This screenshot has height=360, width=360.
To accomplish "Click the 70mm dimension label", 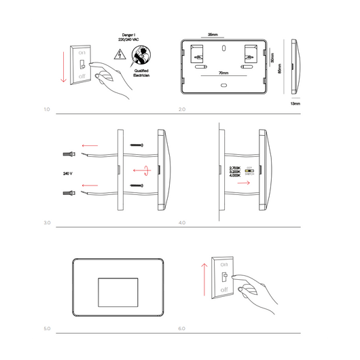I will [223, 72].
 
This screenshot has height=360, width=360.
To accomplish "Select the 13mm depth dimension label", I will [294, 104].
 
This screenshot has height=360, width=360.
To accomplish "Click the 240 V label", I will [67, 173].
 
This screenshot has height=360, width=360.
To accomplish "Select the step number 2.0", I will [181, 109].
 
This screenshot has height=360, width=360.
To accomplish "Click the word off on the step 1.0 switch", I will [82, 77].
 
